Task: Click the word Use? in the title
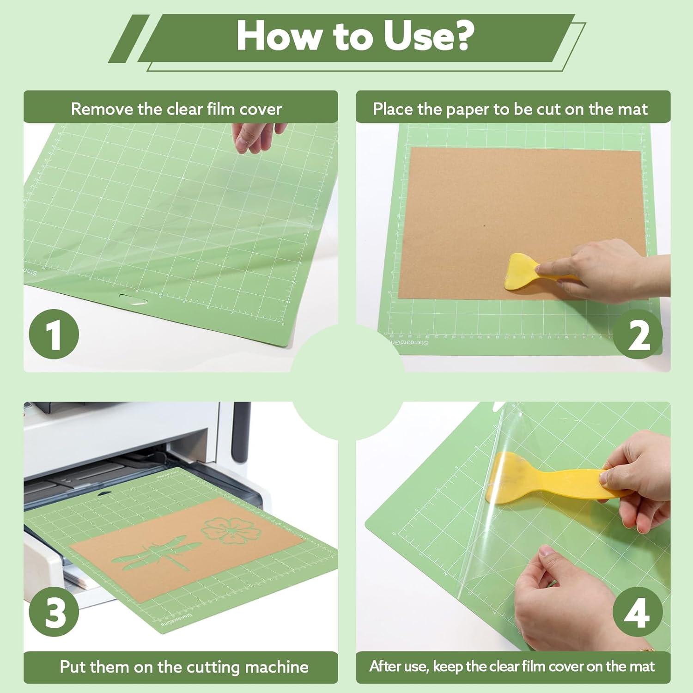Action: tap(427, 36)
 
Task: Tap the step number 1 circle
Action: tap(54, 334)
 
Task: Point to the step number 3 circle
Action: tap(54, 613)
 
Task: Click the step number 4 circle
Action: tap(637, 613)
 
